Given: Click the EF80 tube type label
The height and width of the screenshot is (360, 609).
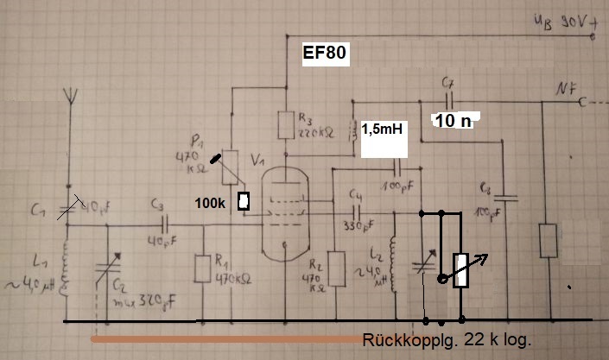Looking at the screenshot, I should (324, 54).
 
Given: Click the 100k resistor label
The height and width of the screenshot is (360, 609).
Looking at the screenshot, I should (215, 203).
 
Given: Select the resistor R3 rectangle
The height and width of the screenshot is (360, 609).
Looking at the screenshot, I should (284, 126).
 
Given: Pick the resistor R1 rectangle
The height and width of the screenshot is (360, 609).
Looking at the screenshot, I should (203, 268).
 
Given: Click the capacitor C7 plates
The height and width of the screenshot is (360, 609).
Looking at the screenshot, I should (448, 100).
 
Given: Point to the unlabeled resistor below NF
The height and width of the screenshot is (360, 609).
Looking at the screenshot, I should (546, 241).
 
